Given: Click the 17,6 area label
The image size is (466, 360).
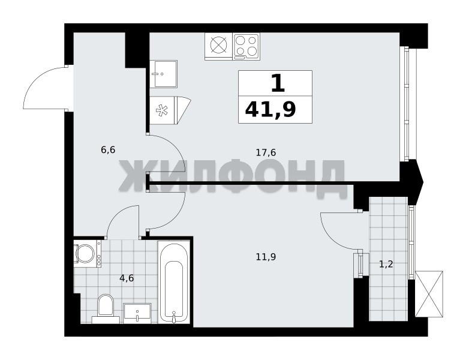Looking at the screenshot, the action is [x=266, y=153].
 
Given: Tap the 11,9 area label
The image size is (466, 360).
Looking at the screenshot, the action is [x=266, y=257].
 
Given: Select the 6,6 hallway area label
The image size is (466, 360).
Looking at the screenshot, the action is [x=108, y=150].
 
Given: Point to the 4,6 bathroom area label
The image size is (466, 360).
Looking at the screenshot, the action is [x=127, y=278].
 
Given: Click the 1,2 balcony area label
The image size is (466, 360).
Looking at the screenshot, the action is [x=386, y=263].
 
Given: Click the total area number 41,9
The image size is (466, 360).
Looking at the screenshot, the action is [x=270, y=109].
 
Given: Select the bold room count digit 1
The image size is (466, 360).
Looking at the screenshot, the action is [x=278, y=83].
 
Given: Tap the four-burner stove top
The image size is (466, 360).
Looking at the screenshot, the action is [x=246, y=45].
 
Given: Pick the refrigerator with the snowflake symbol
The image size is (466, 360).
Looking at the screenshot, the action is [x=170, y=110].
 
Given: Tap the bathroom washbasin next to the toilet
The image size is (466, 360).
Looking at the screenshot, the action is [x=137, y=313].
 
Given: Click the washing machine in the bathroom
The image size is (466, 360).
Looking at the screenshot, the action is [x=88, y=254].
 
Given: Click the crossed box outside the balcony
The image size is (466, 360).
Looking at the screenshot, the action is [x=429, y=294].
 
